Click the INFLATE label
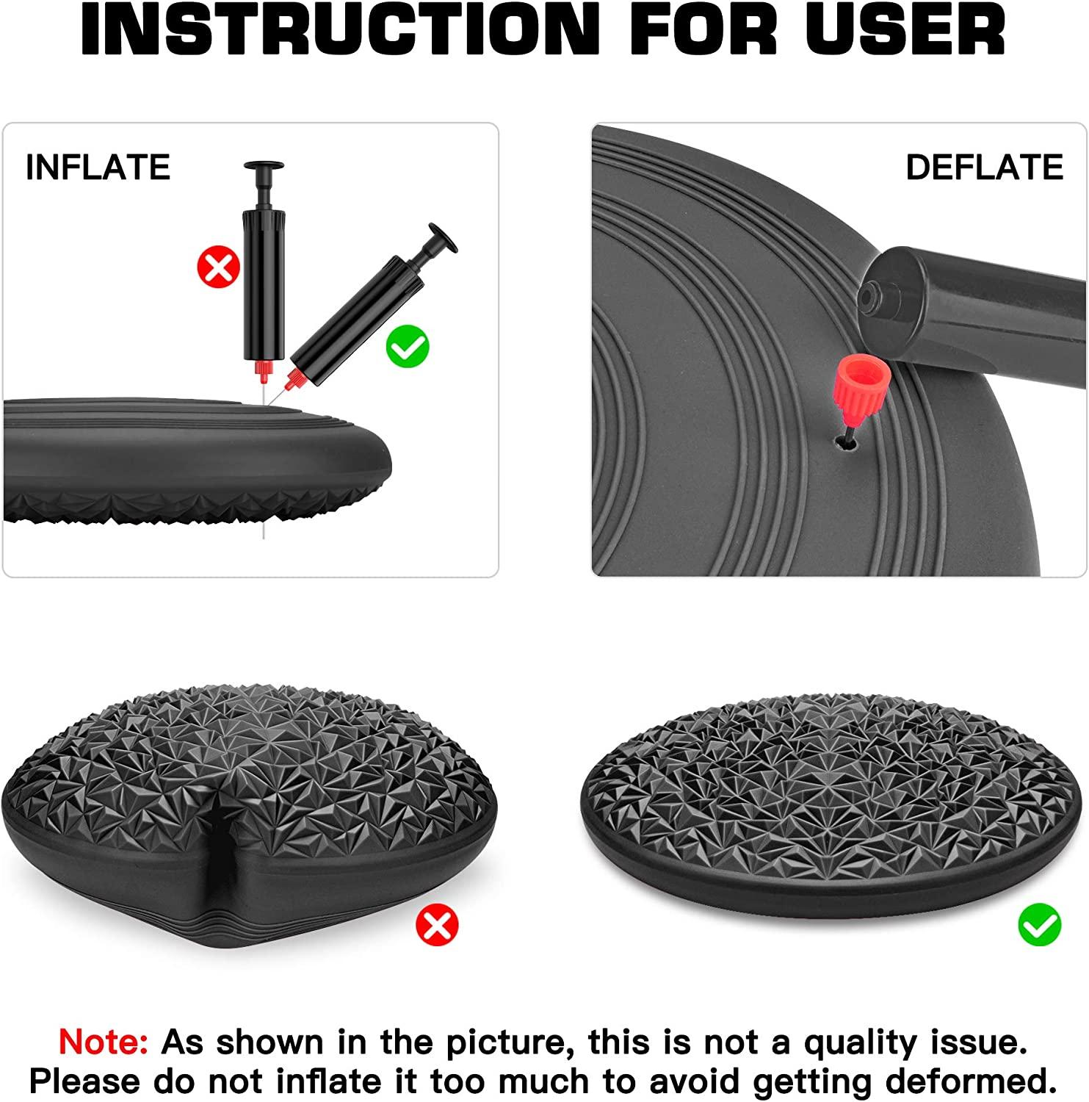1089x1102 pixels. coord(98,168)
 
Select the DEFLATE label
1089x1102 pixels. coord(984,168)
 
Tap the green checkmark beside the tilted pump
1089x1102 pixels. coord(408,345)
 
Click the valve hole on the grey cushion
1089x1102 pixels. coord(841,444)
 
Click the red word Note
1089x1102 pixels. coord(103,1042)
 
